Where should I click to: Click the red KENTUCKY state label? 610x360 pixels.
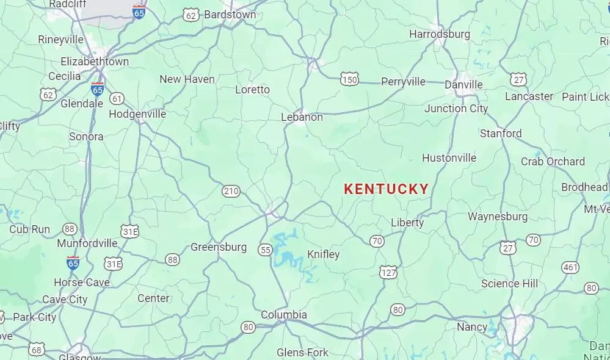[386, 189]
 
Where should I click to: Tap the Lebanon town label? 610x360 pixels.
[302, 117]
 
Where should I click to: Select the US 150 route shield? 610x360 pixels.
[350, 79]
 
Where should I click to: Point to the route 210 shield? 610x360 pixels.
[231, 192]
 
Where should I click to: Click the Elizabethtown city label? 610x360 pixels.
[95, 62]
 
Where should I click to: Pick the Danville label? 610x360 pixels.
[463, 85]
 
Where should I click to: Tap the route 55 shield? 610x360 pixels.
[265, 250]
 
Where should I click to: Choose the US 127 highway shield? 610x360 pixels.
[388, 272]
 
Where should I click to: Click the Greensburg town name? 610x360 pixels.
[219, 247]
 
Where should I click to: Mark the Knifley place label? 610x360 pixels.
[323, 254]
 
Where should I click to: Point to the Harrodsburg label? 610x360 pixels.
[440, 34]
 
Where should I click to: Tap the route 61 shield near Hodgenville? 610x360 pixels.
[117, 98]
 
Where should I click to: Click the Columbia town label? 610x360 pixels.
[284, 315]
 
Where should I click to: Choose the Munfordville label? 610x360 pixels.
[87, 243]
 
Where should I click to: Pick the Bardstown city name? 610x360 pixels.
[230, 14]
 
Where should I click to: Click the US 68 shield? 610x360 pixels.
[37, 350]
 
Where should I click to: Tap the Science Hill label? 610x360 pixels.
[509, 283]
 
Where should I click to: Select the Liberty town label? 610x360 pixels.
[407, 223]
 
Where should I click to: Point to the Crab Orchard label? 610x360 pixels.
[553, 162]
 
